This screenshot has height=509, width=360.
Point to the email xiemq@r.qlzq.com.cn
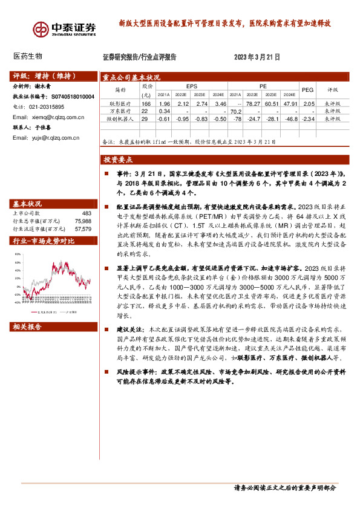[54, 117]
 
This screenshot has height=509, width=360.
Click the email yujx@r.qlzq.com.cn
[54, 138]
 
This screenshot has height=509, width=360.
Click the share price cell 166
[145, 105]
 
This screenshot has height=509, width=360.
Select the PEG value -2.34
[308, 119]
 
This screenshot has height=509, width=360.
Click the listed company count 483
[86, 213]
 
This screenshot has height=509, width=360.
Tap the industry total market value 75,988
[83, 221]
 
